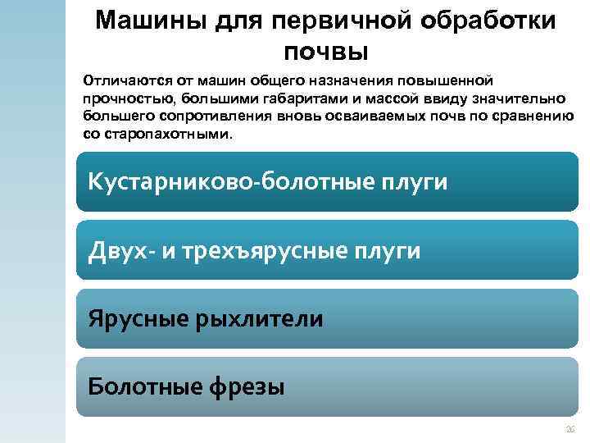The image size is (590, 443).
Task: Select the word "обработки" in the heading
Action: pos(487,21)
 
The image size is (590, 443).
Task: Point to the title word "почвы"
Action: pos(327,52)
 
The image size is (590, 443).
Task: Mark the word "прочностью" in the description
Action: pos(120,98)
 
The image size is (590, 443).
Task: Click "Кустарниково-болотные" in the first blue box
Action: pos(229,181)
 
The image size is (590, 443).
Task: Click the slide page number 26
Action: pos(570,430)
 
